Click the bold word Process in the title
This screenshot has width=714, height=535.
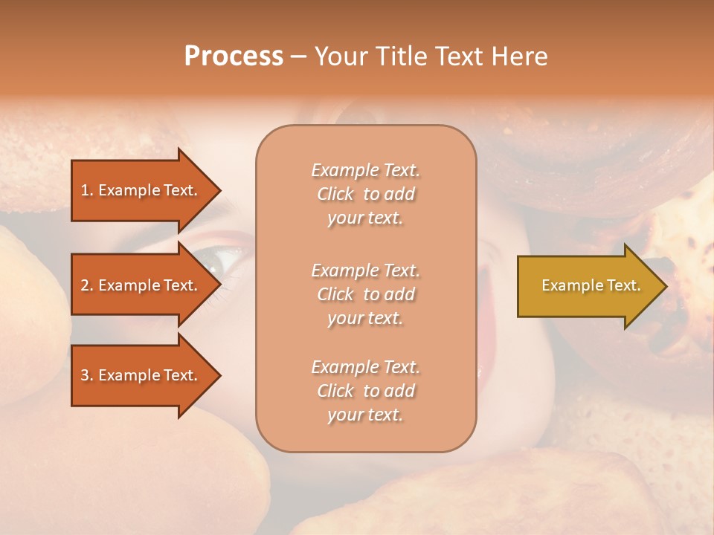(x=234, y=56)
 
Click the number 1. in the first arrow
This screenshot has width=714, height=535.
(x=87, y=190)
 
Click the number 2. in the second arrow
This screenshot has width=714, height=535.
(x=87, y=285)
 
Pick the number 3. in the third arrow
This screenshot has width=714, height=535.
(x=87, y=375)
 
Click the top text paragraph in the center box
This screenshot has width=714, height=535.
(x=365, y=194)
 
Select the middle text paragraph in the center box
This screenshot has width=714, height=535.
(x=365, y=294)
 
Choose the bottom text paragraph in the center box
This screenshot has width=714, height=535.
(x=365, y=391)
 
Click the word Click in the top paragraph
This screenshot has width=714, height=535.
(x=335, y=194)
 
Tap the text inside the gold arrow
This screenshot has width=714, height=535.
(x=591, y=285)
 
